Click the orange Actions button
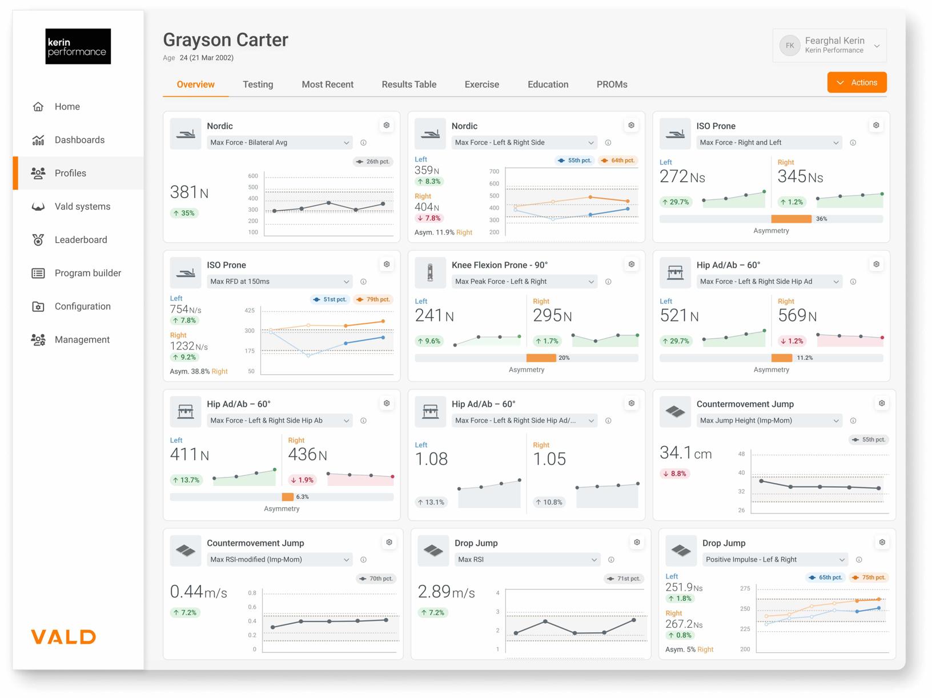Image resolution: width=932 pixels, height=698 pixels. click(x=857, y=82)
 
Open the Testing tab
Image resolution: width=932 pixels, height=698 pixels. click(x=258, y=85)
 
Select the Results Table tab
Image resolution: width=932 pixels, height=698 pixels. click(x=409, y=85)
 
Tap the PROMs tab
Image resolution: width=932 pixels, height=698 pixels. click(x=612, y=85)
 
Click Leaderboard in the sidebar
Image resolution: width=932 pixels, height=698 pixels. click(x=81, y=240)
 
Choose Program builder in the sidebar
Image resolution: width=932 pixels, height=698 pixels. click(x=87, y=273)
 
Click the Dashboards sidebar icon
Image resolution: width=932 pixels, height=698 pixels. click(x=38, y=140)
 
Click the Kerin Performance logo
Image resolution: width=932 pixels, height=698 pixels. click(x=78, y=46)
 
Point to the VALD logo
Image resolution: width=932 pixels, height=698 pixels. click(x=63, y=636)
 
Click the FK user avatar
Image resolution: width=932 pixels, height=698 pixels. click(x=790, y=46)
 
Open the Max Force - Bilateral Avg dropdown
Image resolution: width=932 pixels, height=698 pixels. click(x=279, y=143)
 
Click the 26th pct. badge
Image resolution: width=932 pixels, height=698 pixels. click(x=373, y=162)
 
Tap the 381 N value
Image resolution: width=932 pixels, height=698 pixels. click(x=189, y=192)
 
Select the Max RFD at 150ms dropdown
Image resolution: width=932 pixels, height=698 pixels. click(x=279, y=282)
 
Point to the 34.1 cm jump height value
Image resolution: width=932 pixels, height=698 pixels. click(x=685, y=453)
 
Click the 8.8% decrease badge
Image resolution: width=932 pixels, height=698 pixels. click(x=674, y=474)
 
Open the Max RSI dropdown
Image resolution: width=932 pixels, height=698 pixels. click(x=527, y=560)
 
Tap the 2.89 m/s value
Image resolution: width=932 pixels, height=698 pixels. click(x=446, y=592)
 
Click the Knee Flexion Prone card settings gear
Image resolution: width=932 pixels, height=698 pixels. click(x=632, y=264)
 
